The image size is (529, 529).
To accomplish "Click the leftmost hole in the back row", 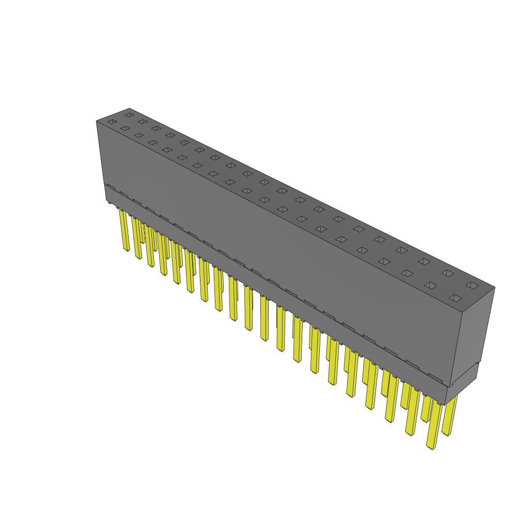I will click(x=129, y=115).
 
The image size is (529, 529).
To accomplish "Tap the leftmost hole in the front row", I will click(x=111, y=122).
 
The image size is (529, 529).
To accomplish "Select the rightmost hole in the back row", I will click(x=471, y=285).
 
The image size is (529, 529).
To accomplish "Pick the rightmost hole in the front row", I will click(x=455, y=298).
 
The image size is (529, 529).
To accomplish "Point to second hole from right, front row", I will click(x=431, y=285).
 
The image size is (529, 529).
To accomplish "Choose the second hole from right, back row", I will click(x=447, y=273).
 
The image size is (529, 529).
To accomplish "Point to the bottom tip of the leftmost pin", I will click(x=127, y=251).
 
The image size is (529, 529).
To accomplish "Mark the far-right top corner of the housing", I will click(x=494, y=288).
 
